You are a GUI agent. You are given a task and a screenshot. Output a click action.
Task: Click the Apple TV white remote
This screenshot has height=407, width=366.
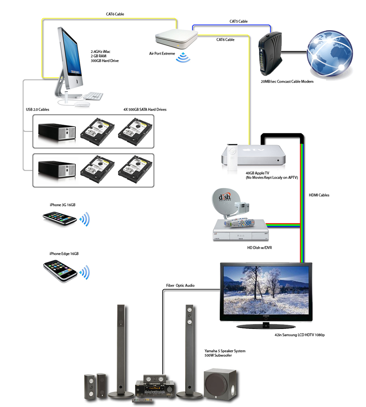coord(231,158)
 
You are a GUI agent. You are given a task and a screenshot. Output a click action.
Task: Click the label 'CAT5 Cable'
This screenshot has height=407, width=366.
coord(238,21)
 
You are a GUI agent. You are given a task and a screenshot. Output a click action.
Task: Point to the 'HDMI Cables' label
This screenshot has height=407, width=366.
coord(319,195)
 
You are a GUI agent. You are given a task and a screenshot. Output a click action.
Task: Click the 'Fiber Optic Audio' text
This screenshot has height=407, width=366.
coord(180,285)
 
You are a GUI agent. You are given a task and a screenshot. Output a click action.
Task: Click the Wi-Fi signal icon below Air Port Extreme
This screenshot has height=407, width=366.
coord(183,57)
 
